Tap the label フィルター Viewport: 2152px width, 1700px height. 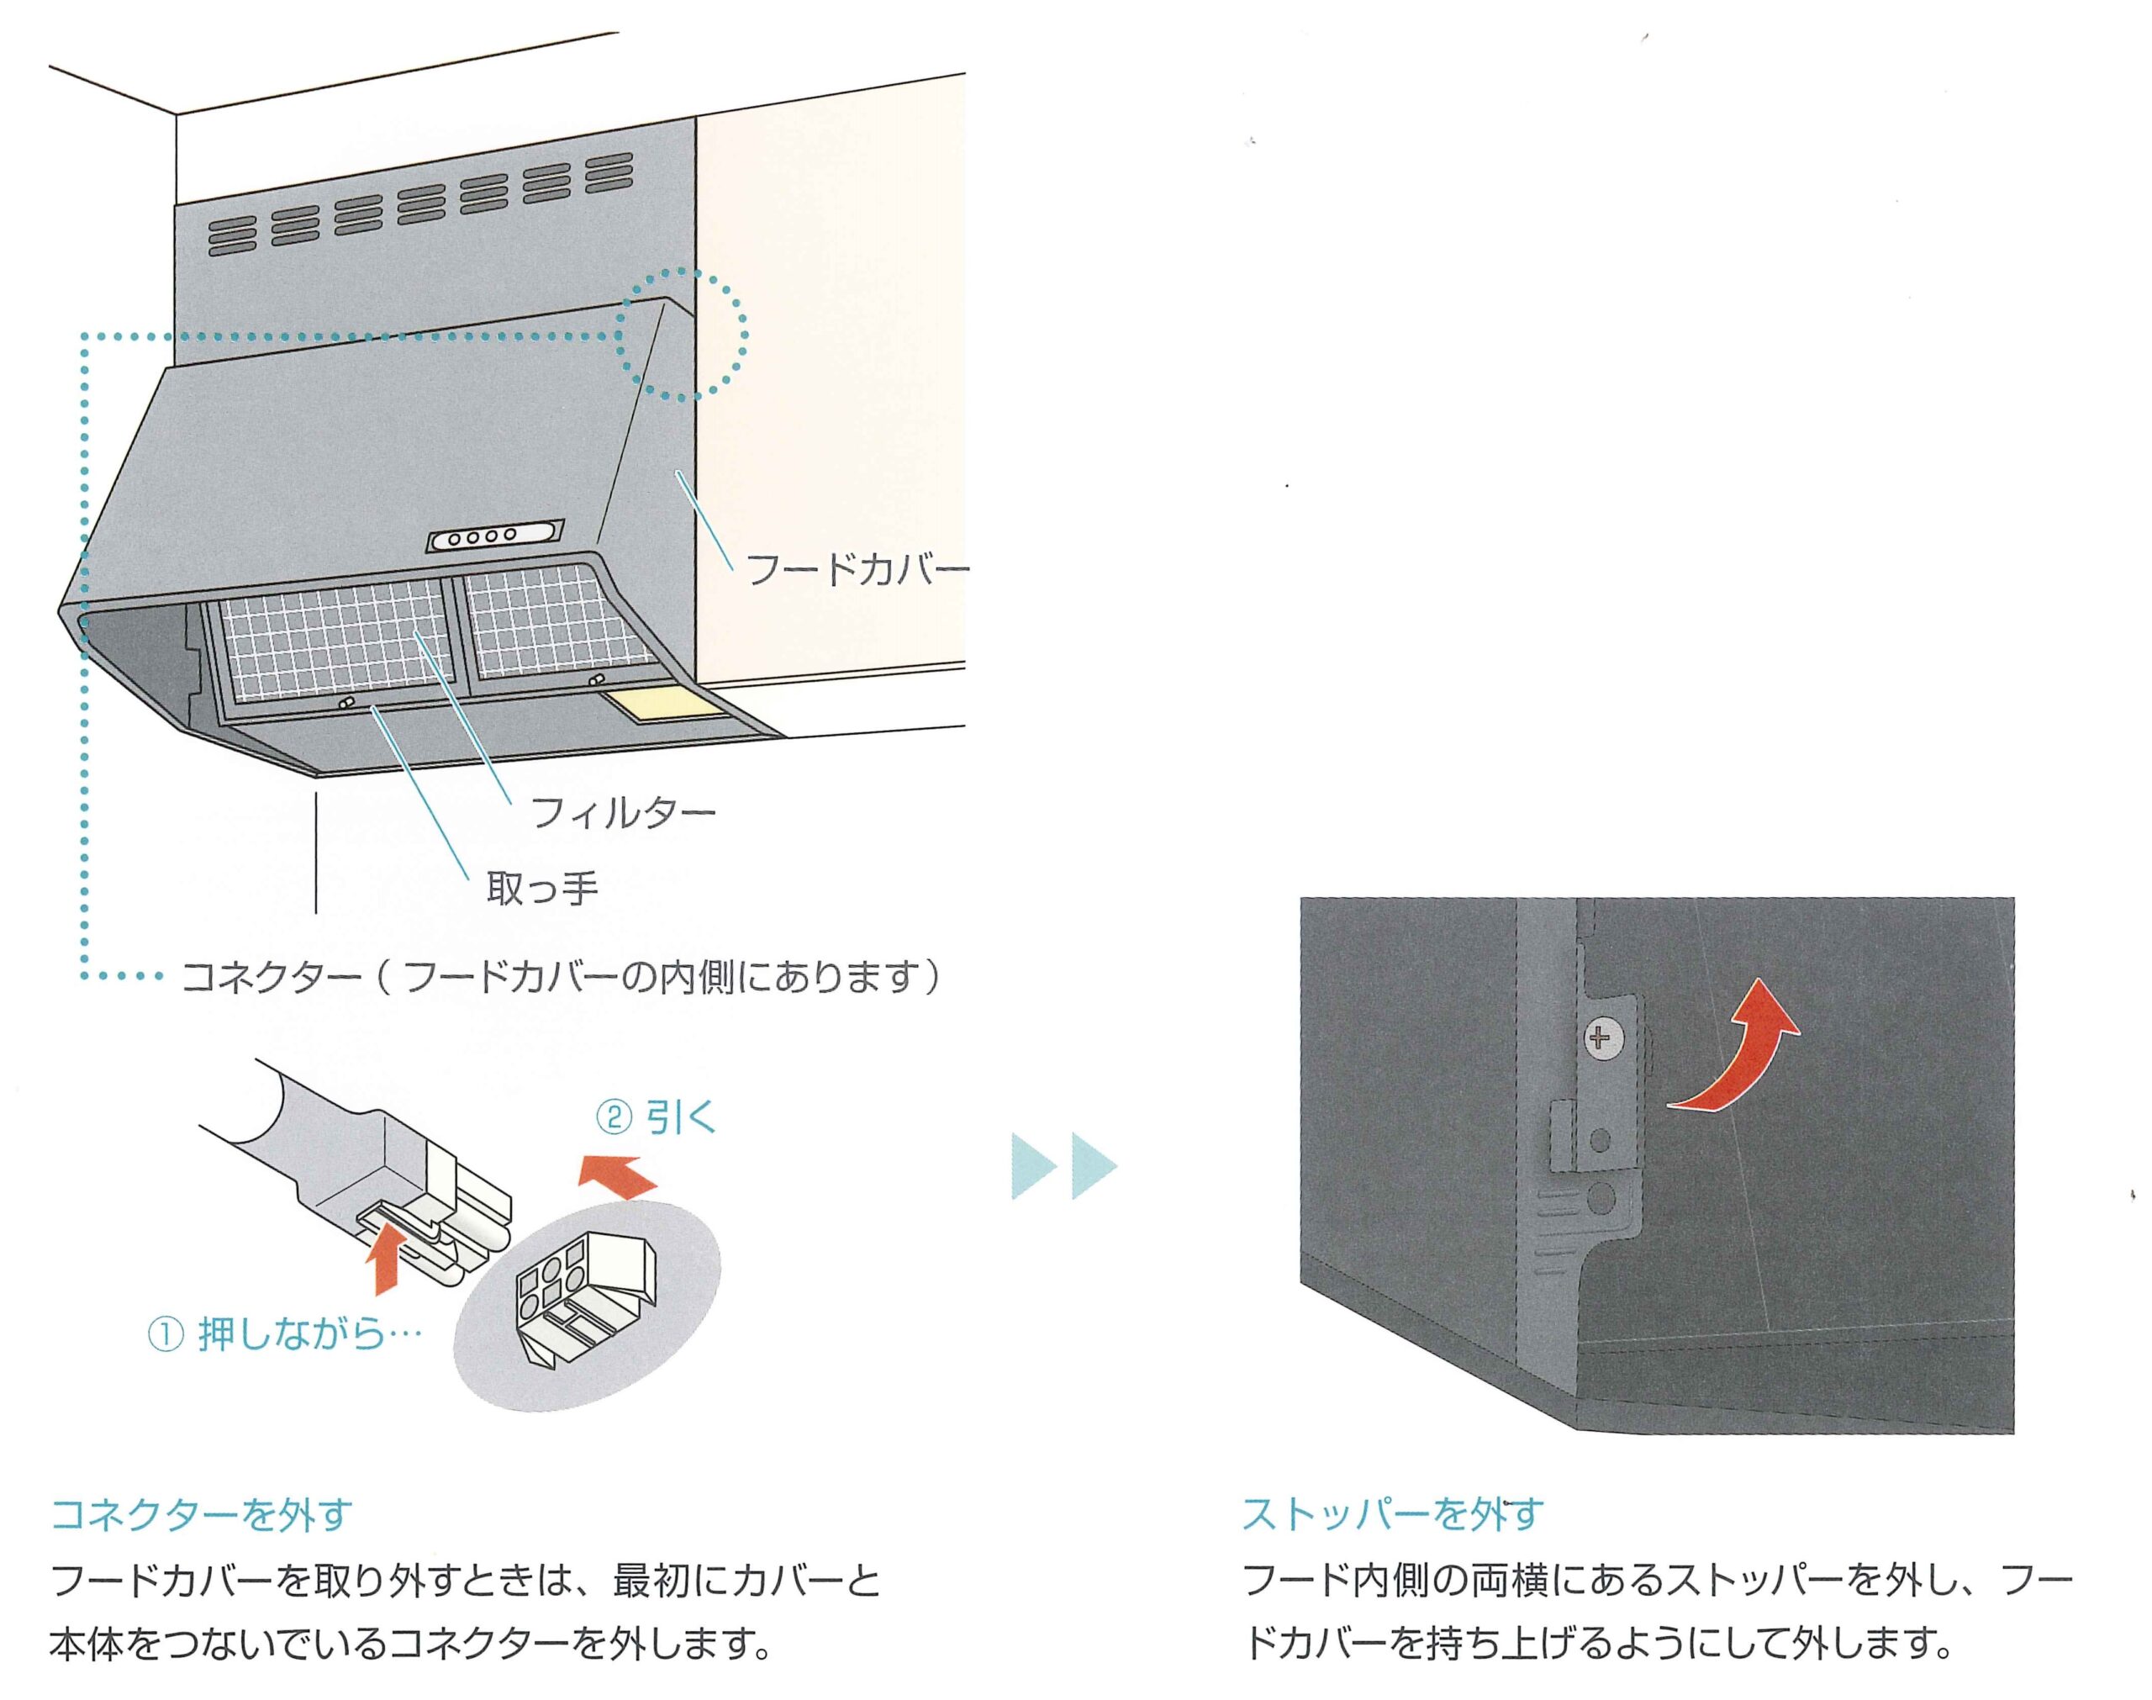pos(623,813)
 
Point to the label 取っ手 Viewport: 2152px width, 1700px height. pos(542,888)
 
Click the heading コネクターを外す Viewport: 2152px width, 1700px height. pos(202,1514)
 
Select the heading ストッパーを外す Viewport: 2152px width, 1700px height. pos(1392,1514)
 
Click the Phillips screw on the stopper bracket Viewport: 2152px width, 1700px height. pos(1600,1039)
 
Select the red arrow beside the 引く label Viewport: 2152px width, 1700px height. pos(619,1175)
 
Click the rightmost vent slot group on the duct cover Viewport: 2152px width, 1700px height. pos(609,172)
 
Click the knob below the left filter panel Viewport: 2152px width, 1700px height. pos(346,704)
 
